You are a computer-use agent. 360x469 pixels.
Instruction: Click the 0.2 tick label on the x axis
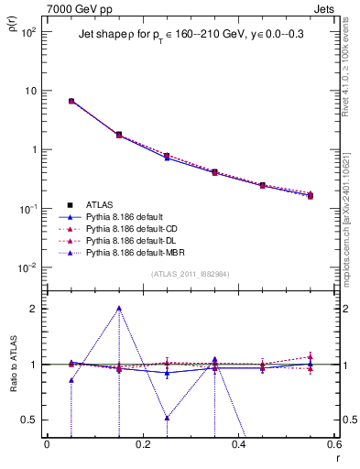click(142, 445)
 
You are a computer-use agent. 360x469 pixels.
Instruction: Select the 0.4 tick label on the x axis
click(238, 445)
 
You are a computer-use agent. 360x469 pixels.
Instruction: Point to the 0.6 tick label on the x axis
click(333, 445)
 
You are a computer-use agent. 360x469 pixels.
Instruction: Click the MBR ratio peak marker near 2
click(119, 308)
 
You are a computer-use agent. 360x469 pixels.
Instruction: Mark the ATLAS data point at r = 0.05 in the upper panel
click(71, 101)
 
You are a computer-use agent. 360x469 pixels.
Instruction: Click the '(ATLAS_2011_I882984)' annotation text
click(189, 275)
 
